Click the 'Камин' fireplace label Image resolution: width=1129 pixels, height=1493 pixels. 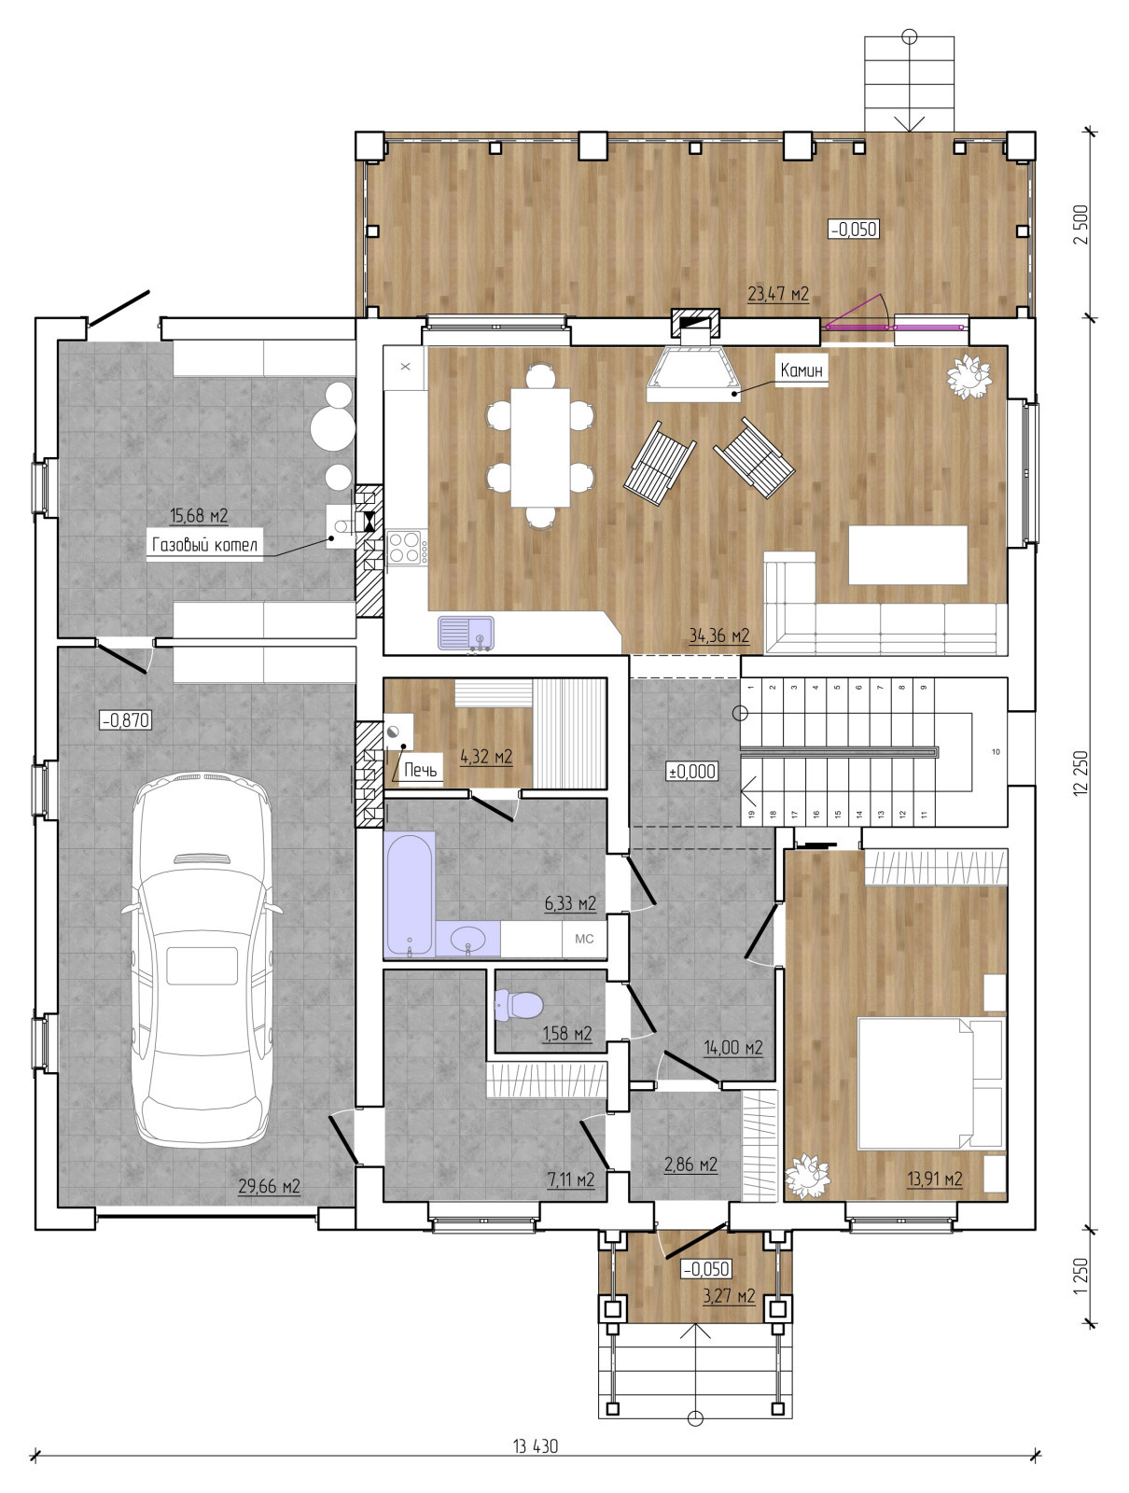click(801, 370)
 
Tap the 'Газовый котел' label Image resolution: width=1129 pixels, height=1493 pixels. click(204, 544)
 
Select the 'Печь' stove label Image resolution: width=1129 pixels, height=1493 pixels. click(420, 769)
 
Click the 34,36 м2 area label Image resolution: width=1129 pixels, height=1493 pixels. click(718, 635)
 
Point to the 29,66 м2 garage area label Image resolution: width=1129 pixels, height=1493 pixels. click(270, 1186)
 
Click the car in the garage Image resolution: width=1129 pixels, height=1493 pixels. click(203, 957)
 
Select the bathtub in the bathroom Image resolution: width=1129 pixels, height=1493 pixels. click(410, 893)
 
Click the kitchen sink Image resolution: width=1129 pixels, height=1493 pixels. click(466, 634)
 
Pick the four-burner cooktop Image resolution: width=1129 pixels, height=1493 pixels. click(405, 548)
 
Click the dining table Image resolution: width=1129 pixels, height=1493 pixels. click(540, 447)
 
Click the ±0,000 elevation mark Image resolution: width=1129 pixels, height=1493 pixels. click(692, 772)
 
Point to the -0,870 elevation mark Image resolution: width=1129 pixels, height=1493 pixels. click(126, 719)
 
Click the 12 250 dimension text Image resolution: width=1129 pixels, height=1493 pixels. click(1080, 774)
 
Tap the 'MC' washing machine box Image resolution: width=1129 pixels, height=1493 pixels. click(584, 939)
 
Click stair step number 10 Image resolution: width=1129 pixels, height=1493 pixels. click(996, 751)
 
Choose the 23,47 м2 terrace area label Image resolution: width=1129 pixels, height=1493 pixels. click(778, 294)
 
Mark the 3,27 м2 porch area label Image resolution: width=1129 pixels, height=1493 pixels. click(729, 1296)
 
